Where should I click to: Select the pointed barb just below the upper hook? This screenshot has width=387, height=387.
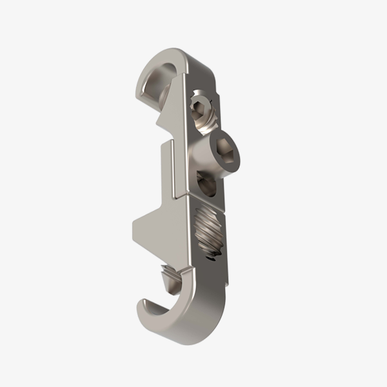click(x=158, y=121)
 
